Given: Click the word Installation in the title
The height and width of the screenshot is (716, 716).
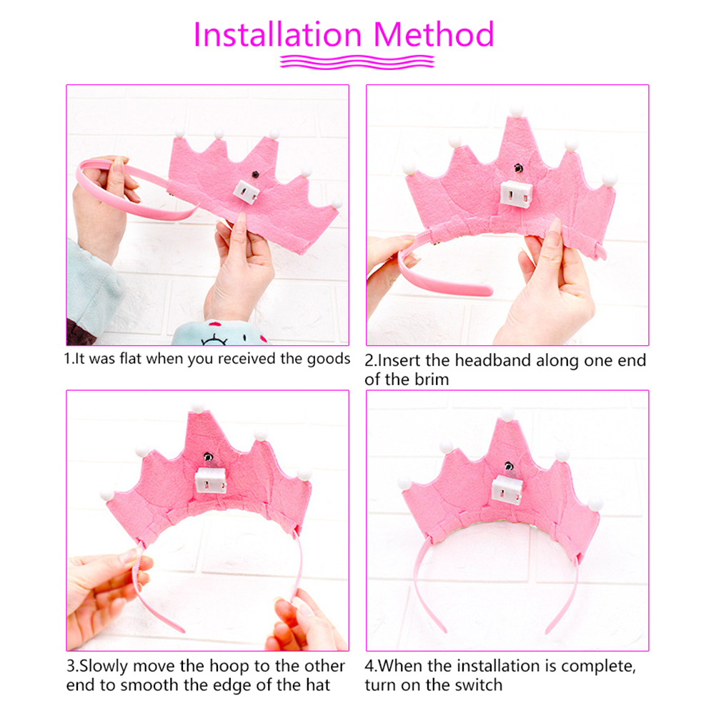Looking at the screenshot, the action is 278,34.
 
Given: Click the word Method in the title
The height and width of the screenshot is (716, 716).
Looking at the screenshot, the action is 434,34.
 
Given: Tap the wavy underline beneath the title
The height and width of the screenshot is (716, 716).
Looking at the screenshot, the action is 357,61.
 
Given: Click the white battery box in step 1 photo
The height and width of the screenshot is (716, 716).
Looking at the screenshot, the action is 247,192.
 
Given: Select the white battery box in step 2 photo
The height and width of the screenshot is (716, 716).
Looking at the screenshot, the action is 517,194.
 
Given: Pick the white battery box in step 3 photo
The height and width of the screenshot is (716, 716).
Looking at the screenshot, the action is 211,480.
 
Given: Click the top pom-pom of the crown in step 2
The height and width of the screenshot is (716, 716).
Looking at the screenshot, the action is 517,111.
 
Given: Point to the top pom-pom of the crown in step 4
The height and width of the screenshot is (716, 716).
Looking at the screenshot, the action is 507,415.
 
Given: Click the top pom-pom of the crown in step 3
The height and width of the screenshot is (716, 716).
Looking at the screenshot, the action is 198,408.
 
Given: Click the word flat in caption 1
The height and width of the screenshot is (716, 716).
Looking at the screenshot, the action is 130,359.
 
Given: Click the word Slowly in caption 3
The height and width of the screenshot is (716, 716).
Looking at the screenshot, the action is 104,666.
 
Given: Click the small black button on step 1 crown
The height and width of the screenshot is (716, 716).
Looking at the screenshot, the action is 256,174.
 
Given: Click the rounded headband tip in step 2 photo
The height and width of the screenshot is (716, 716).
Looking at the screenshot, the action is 487,290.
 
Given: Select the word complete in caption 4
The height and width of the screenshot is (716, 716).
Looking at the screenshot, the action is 598,667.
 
